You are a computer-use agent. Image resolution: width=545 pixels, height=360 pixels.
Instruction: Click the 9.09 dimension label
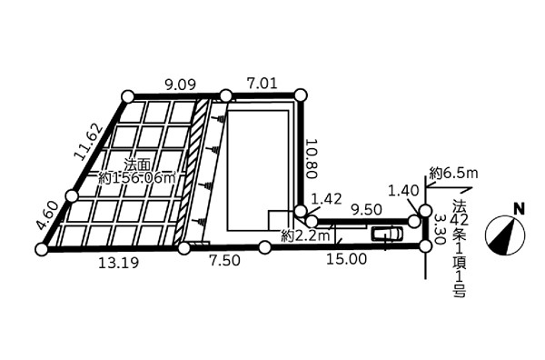pos(181,85)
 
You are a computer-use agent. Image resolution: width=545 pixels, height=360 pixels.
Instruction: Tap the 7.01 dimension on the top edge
pos(262,84)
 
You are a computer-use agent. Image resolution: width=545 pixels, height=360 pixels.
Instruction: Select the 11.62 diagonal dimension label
pos(89,142)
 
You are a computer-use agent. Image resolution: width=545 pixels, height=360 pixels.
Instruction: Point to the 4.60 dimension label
pos(48,216)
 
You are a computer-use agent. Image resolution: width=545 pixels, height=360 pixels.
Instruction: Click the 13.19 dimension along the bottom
pos(118,263)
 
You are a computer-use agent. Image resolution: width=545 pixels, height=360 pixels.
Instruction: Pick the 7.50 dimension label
pos(224,260)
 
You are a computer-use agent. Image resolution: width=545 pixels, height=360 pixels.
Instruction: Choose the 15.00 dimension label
pos(347,259)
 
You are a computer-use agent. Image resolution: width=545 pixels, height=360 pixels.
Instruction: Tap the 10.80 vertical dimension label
pos(311,158)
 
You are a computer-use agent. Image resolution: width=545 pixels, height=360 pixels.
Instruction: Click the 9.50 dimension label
pos(366,209)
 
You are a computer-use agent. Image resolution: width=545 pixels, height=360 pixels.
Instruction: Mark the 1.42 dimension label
pos(326,199)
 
